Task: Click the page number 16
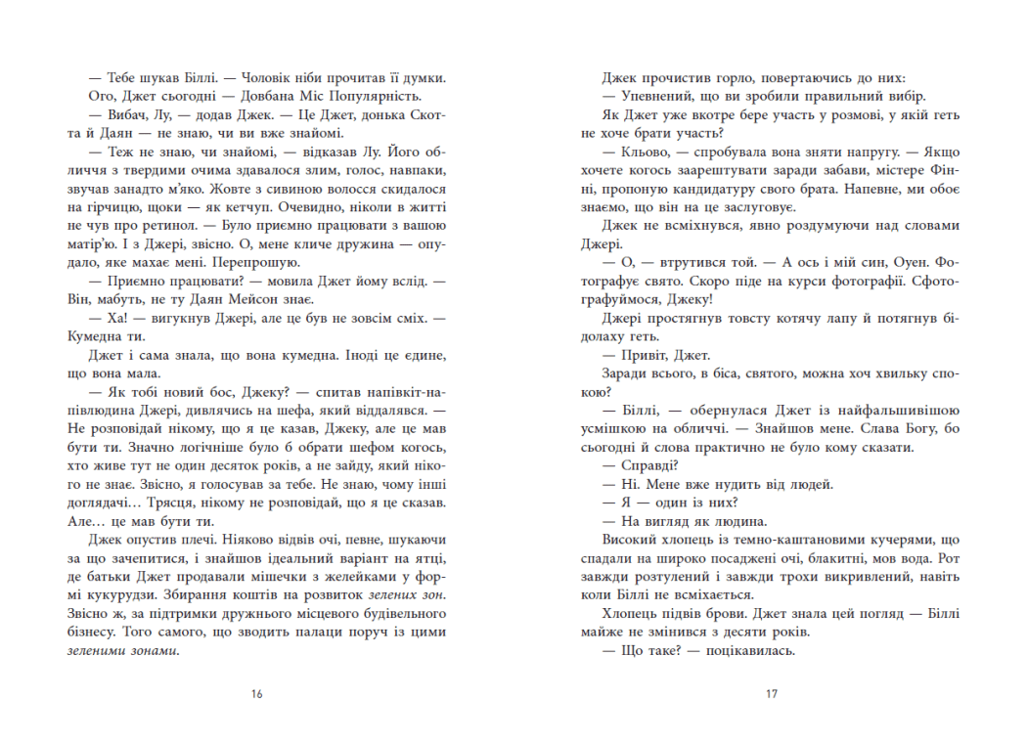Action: tap(256, 695)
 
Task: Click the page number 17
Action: tap(772, 695)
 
